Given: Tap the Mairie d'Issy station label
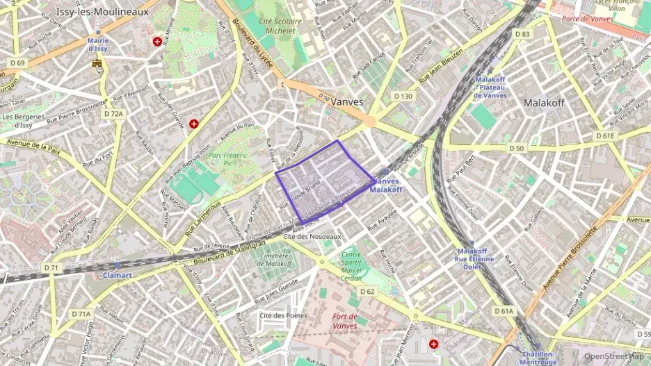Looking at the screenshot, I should [x=98, y=44].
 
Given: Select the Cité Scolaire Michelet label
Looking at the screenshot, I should [x=280, y=26].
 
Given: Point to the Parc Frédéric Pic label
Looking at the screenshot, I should [x=228, y=160].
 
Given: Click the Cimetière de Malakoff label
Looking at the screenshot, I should [x=275, y=259].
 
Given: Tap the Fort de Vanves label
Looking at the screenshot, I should [x=345, y=322].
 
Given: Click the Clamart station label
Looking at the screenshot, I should [x=117, y=275].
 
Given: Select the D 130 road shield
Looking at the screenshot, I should [x=403, y=96].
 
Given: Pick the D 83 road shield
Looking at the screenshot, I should [x=522, y=34].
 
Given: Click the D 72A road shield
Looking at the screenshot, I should [x=113, y=113].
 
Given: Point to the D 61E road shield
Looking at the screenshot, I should [x=605, y=135].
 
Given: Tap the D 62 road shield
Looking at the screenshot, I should [x=367, y=292].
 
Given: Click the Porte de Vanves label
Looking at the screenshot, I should [x=587, y=19].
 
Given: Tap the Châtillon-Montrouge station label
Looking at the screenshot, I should [x=538, y=358].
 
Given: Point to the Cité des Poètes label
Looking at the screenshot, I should [x=283, y=315].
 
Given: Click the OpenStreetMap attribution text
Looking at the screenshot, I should [x=613, y=356].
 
